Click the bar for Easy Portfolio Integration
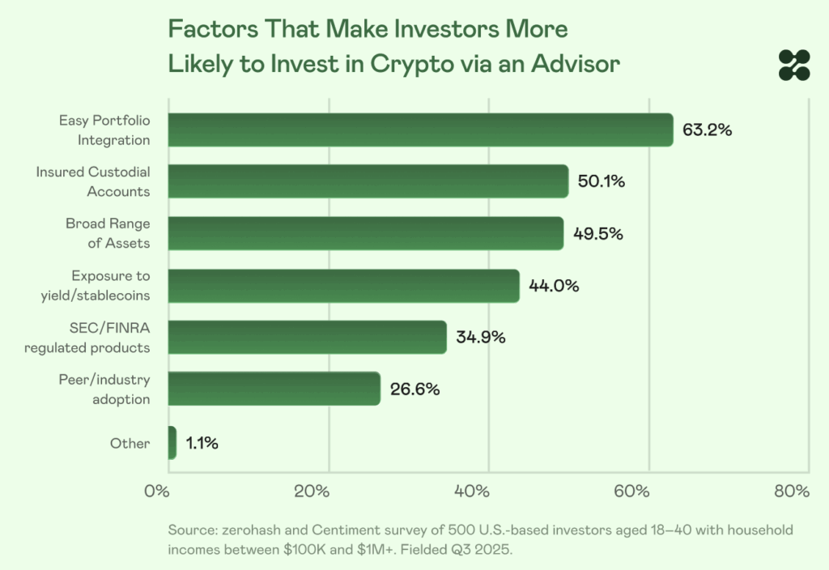click(421, 130)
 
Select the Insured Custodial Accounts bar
click(368, 181)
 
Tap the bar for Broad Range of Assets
click(366, 233)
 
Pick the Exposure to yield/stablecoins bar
click(344, 285)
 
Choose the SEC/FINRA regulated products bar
click(308, 337)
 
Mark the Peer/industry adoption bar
click(274, 389)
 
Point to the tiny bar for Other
click(172, 443)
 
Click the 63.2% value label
click(707, 130)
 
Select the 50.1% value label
click(602, 181)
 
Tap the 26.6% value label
click(414, 389)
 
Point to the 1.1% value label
click(202, 443)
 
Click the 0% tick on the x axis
click(156, 491)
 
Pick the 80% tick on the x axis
click(792, 491)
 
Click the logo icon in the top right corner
click(794, 65)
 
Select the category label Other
click(130, 443)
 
